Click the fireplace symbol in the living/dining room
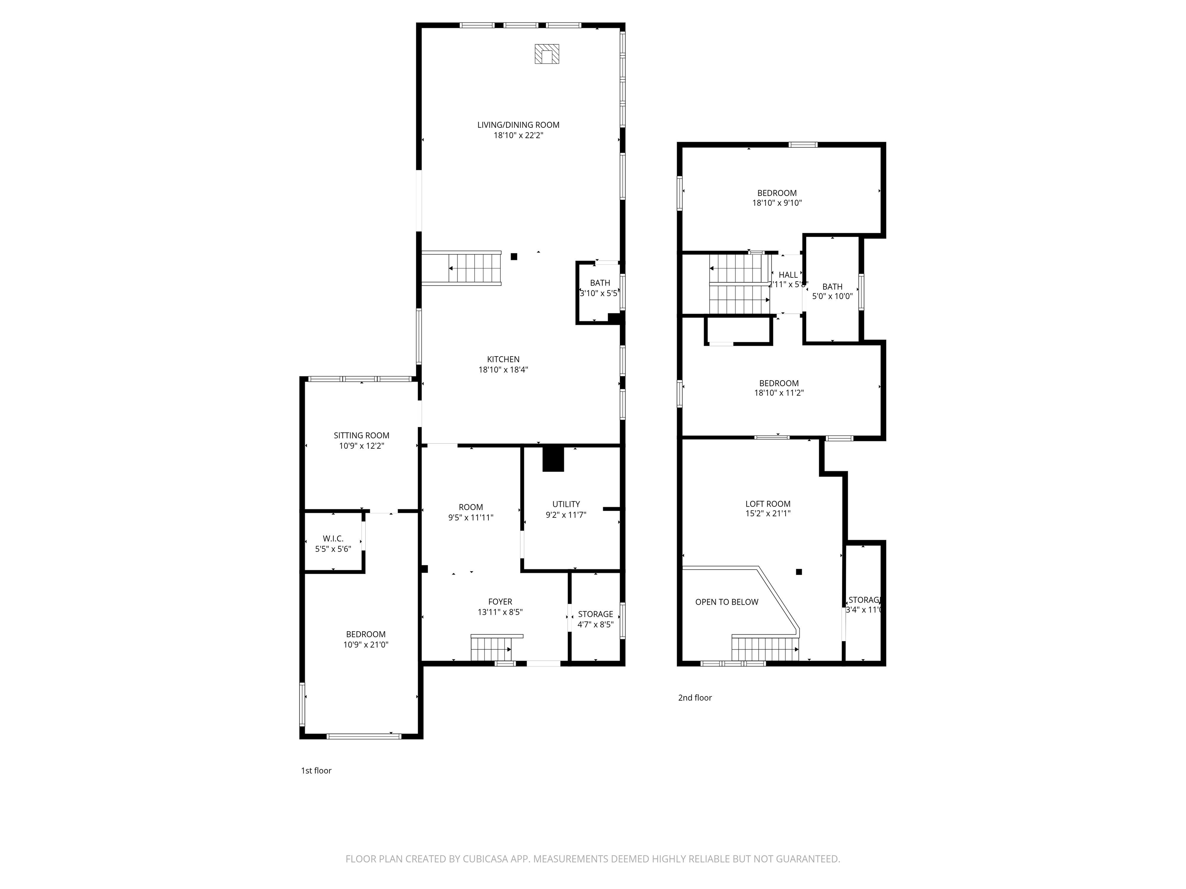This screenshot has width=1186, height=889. coord(546,54)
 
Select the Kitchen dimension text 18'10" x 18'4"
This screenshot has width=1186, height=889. coord(503,369)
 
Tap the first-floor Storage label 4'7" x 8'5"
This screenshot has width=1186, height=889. coord(596,619)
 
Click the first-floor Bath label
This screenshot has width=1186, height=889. coord(600,288)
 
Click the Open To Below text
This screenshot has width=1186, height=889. coord(727,602)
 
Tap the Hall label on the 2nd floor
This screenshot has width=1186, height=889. coord(788,275)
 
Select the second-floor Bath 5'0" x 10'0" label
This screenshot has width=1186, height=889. coord(832,292)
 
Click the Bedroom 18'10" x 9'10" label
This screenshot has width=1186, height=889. coord(777,198)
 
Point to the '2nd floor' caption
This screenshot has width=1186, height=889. coord(695,698)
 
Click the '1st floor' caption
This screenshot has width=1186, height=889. coord(316,771)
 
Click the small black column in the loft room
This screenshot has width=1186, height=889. coord(799,572)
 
